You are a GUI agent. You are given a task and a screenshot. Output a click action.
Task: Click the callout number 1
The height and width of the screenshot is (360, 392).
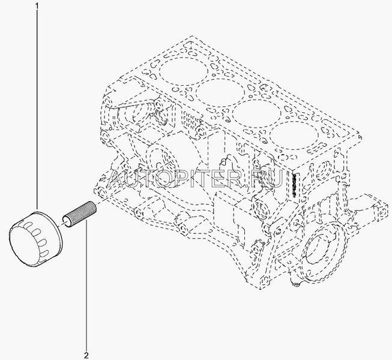click(x=37, y=5)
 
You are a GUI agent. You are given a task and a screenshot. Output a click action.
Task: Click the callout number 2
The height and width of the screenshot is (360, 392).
click(x=86, y=355)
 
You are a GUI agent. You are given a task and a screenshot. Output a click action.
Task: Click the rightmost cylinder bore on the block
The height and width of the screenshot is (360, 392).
click(x=294, y=136)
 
